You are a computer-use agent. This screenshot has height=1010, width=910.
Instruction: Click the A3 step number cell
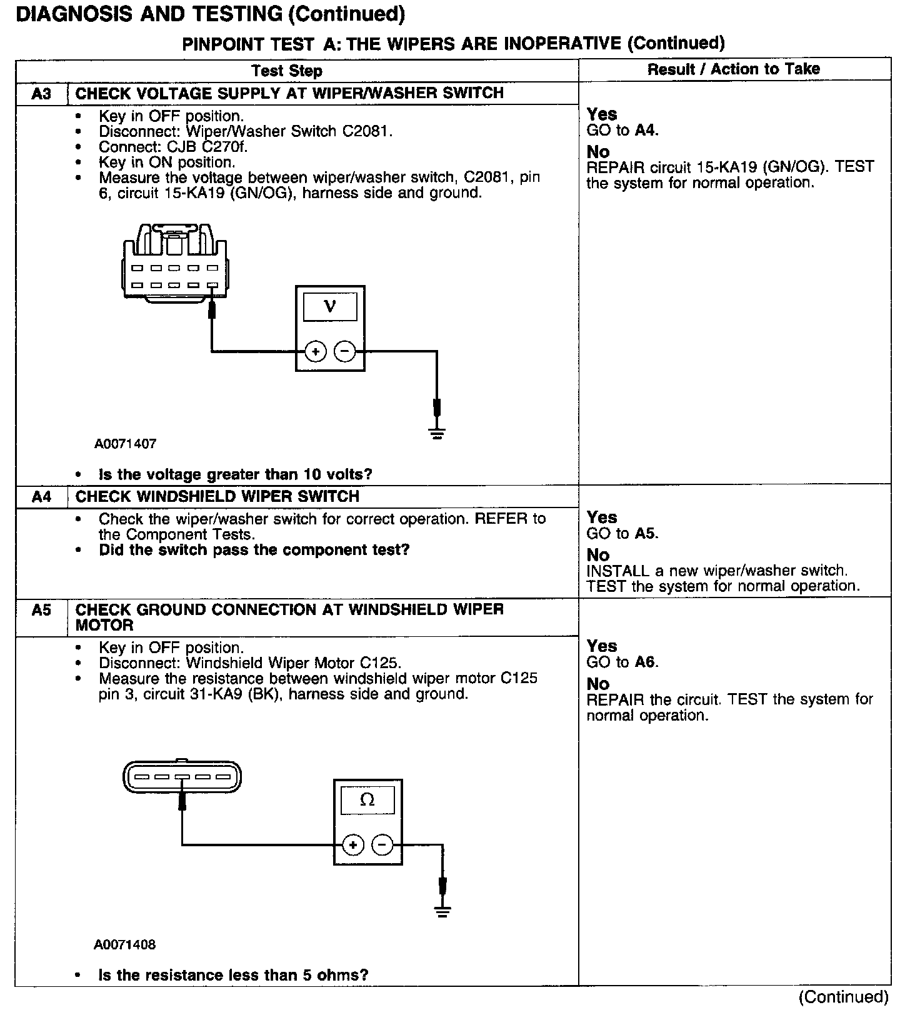(x=41, y=94)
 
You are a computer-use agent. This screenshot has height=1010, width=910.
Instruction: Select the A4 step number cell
(x=41, y=497)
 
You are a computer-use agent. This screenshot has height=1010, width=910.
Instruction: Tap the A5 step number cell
(x=41, y=610)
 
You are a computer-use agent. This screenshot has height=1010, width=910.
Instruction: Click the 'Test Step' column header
(x=287, y=71)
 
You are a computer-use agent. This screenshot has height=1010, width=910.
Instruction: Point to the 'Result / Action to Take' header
(x=734, y=69)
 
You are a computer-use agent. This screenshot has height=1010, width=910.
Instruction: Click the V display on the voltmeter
(x=330, y=306)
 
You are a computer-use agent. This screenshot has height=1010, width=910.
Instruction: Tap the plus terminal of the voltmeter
(x=316, y=352)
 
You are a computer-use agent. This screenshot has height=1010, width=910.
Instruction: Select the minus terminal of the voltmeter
(x=344, y=352)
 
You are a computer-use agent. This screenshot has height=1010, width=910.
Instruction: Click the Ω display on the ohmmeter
(x=367, y=800)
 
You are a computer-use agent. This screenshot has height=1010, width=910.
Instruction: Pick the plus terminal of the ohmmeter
(x=353, y=846)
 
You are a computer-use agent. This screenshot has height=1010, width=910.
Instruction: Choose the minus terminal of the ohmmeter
(x=382, y=846)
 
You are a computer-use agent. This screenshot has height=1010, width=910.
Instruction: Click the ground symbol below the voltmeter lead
(x=437, y=432)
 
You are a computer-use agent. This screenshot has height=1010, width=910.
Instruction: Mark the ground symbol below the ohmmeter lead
(x=442, y=911)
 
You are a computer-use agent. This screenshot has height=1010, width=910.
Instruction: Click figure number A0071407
(x=125, y=444)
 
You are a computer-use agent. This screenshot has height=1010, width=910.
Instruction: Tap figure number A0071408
(x=125, y=944)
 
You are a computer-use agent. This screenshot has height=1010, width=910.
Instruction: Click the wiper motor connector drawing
(x=182, y=777)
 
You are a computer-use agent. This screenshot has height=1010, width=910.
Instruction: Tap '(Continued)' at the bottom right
(x=843, y=996)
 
